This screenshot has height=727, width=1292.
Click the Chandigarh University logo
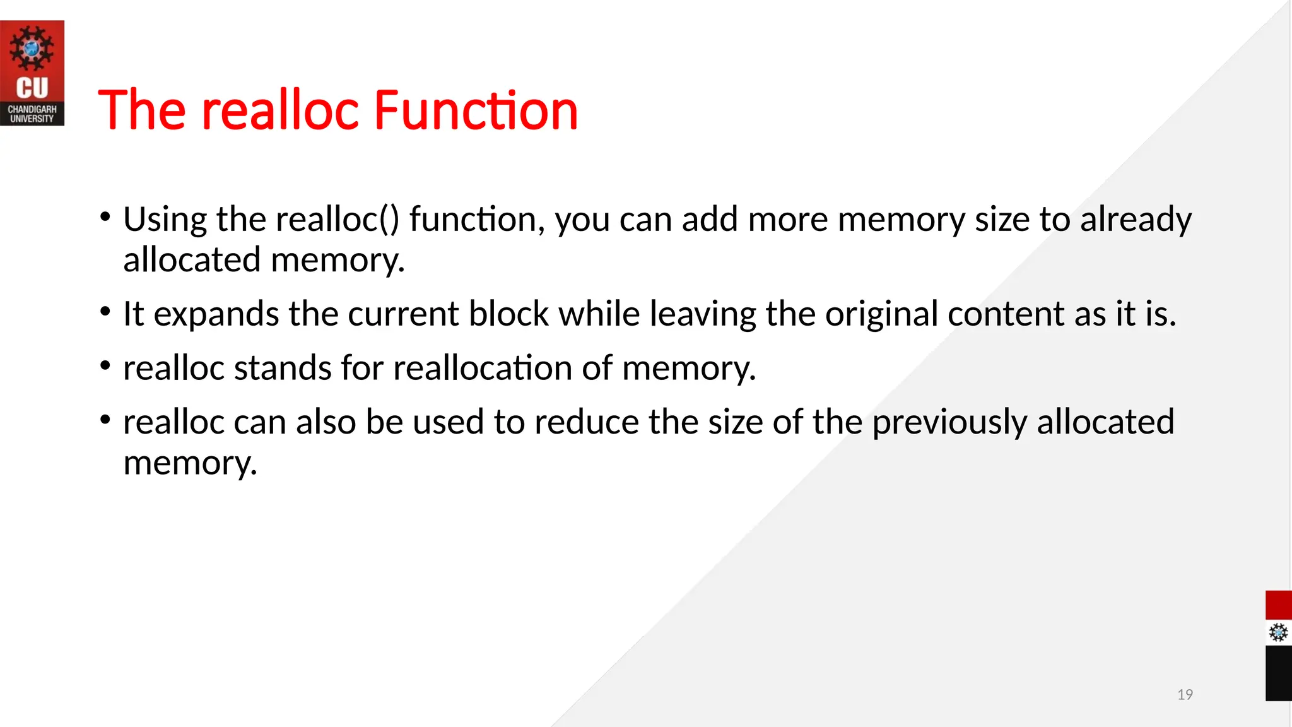pyautogui.click(x=32, y=73)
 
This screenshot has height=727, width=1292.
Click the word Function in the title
pyautogui.click(x=476, y=110)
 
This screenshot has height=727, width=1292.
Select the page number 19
pyautogui.click(x=1185, y=694)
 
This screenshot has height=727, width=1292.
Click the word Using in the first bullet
pyautogui.click(x=165, y=220)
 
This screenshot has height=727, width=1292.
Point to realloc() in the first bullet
pyautogui.click(x=337, y=220)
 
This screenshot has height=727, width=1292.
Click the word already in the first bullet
pyautogui.click(x=1136, y=220)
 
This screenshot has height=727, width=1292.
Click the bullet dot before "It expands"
pyautogui.click(x=105, y=312)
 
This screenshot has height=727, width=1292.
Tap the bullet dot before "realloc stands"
pyautogui.click(x=105, y=365)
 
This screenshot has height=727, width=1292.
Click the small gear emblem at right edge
pyautogui.click(x=1278, y=632)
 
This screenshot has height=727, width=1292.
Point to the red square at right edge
pyautogui.click(x=1278, y=605)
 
